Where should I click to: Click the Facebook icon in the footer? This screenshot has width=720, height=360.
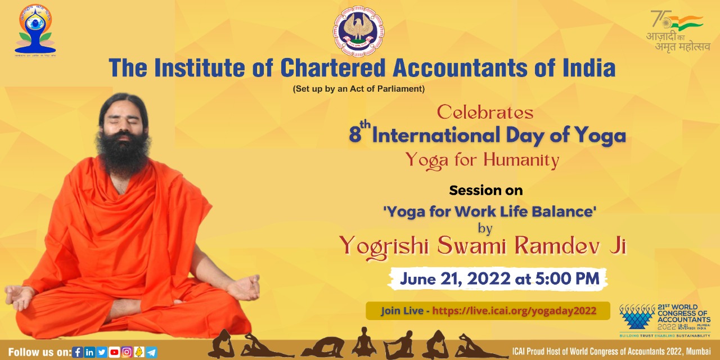coord(78,353)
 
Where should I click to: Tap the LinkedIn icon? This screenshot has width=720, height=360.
coord(89,353)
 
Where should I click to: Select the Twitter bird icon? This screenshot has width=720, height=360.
coord(102,353)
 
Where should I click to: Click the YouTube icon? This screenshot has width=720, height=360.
coord(114,353)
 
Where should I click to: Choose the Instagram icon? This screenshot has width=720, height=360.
coord(127,353)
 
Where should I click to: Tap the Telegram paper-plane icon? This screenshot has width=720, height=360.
coord(151,353)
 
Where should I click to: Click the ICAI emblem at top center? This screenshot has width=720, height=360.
coord(358,31)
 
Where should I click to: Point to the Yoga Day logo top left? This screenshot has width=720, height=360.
coord(35,29)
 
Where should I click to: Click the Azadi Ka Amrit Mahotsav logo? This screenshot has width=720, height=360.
coord(677,31)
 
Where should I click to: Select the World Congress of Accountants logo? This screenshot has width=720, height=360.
coord(664,321)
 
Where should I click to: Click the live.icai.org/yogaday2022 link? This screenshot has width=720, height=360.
coord(514,310)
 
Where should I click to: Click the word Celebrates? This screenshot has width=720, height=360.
coord(485,112)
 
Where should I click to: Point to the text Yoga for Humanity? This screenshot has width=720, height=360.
coord(482,161)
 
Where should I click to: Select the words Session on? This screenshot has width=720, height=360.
coord(485,191)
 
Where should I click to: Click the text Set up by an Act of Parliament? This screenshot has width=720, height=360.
coord(358,89)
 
